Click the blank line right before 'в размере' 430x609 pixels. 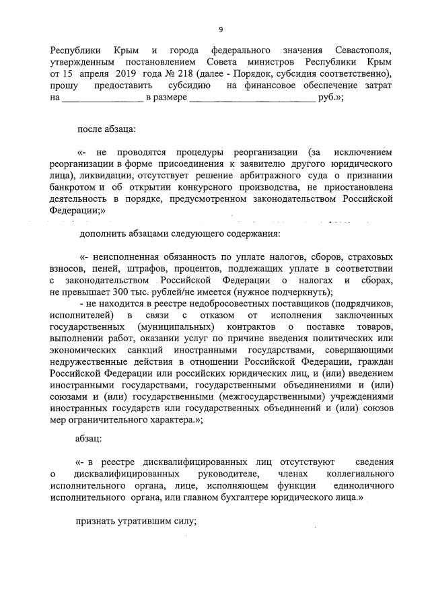tap(103, 98)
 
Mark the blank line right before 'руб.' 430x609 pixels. tap(252, 98)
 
